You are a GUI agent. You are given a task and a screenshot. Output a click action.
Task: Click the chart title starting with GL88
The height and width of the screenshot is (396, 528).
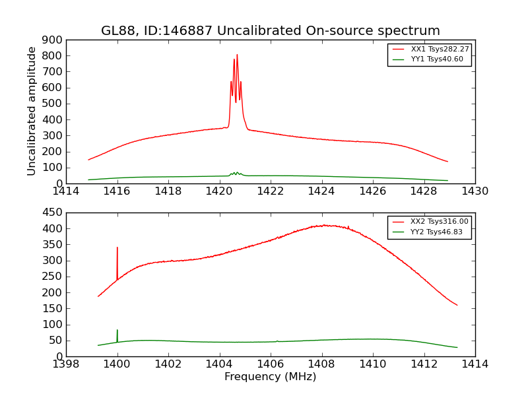[270, 31]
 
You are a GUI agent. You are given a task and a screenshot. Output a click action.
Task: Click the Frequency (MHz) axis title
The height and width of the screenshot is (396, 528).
[270, 377]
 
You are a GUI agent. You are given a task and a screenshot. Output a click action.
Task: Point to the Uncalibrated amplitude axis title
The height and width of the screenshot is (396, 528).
[32, 111]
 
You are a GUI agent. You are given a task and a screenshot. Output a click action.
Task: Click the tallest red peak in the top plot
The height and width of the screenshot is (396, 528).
[237, 55]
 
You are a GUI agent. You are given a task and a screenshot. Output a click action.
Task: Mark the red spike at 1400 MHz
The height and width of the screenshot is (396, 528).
[117, 248]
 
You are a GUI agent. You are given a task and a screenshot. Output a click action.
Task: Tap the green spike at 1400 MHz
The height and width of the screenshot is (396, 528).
[117, 330]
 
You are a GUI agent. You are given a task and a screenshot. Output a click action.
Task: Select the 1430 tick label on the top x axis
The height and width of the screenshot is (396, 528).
[475, 191]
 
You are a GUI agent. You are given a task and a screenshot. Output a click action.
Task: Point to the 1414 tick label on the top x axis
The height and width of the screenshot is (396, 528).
[66, 191]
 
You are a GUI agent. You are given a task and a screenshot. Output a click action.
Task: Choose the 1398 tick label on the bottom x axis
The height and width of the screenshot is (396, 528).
[66, 364]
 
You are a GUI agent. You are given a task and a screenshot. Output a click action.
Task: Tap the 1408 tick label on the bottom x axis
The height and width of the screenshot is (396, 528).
[321, 364]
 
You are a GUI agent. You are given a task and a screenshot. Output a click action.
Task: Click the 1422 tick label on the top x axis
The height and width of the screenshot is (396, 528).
[271, 191]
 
